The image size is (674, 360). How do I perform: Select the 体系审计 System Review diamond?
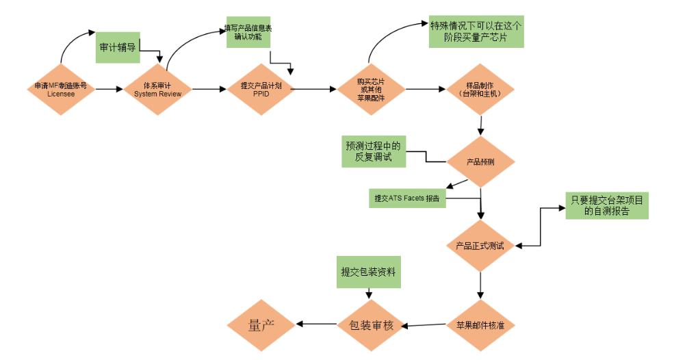point(158,89)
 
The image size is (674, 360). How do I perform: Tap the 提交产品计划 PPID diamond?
point(261,89)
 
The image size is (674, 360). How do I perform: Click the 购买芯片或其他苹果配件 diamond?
point(370,89)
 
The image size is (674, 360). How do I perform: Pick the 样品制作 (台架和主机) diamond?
point(480,89)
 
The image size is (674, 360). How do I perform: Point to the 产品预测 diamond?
point(480,162)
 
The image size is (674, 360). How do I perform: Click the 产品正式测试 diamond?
point(480,245)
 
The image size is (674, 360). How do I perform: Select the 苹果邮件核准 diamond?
point(480,324)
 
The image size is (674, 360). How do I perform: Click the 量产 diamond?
point(261,324)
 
